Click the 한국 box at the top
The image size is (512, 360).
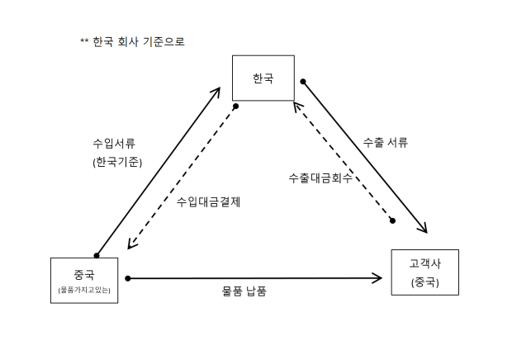(x=263, y=78)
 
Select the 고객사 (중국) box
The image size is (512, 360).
(x=424, y=272)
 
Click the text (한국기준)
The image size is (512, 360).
(x=117, y=163)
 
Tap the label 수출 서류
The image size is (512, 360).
(x=386, y=142)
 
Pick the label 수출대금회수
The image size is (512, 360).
(x=320, y=178)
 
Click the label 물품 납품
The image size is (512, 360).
(x=244, y=292)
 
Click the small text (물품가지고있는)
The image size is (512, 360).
(x=85, y=290)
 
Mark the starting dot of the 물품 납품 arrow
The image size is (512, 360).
(x=128, y=278)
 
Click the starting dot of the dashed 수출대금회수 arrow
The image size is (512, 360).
(x=393, y=220)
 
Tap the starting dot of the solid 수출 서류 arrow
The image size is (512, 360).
(x=303, y=82)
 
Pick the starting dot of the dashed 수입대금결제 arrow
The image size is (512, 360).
(x=235, y=107)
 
